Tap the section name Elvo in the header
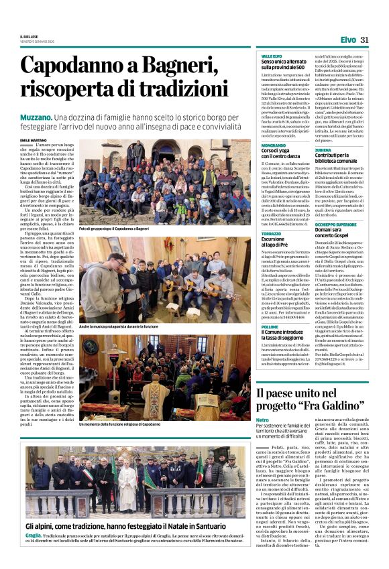click(348, 40)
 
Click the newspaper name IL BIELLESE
click(29, 36)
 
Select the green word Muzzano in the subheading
click(32, 117)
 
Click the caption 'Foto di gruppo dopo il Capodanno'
click(113, 229)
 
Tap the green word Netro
click(262, 420)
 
